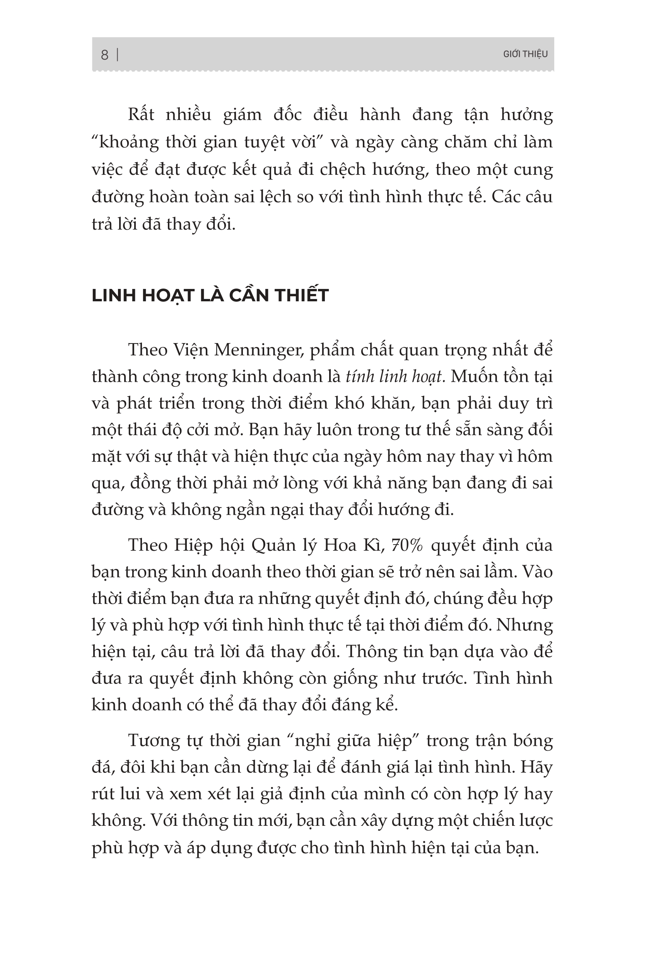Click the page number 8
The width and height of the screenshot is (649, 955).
[104, 55]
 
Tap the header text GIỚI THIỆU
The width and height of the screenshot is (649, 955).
[525, 54]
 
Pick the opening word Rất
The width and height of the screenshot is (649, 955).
[141, 114]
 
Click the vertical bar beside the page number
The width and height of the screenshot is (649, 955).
[118, 55]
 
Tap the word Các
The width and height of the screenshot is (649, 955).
[505, 197]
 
